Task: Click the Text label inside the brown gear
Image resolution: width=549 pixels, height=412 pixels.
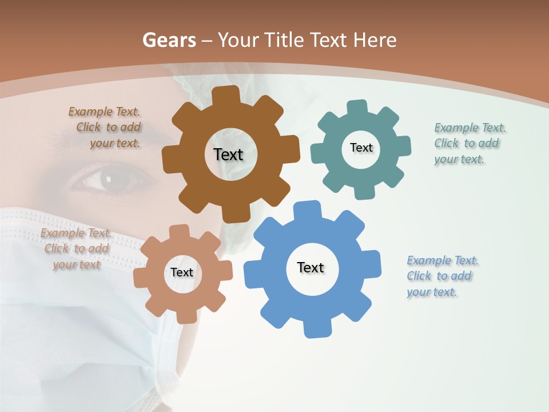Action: point(229,154)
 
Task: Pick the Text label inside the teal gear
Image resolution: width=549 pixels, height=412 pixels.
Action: point(361,148)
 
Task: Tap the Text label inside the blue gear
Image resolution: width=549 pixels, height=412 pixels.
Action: point(311,267)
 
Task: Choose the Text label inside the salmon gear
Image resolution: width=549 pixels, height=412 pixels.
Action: point(182,272)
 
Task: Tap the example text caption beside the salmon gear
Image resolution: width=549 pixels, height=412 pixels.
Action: point(76,249)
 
